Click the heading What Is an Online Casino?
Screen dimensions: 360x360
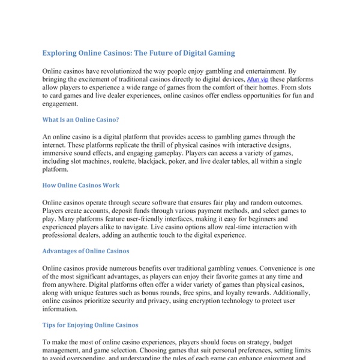pyautogui.click(x=80, y=119)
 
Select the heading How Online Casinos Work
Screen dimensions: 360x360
pyautogui.click(x=81, y=185)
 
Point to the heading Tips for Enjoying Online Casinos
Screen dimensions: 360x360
pyautogui.click(x=90, y=325)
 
